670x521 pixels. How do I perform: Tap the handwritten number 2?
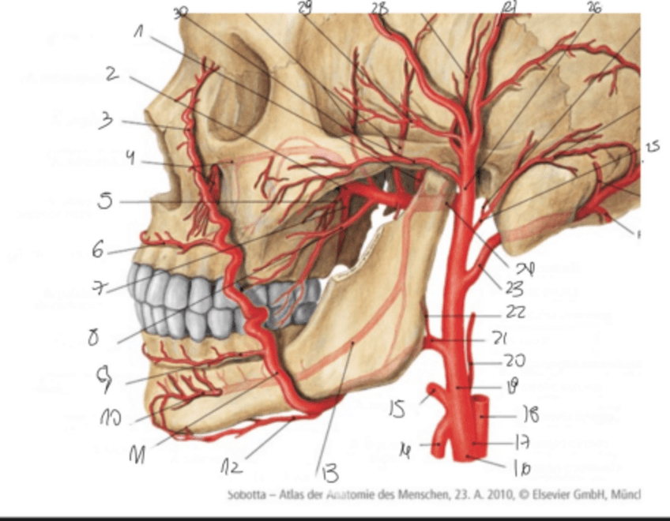tap(112, 75)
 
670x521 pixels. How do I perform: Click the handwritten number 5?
tap(104, 201)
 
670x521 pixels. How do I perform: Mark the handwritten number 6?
tap(97, 250)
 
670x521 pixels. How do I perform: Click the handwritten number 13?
tap(328, 474)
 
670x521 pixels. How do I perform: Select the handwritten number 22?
tap(516, 313)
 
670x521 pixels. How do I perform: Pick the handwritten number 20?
tap(514, 362)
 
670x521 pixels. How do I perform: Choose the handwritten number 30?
tap(181, 13)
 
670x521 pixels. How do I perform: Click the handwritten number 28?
tap(381, 8)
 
